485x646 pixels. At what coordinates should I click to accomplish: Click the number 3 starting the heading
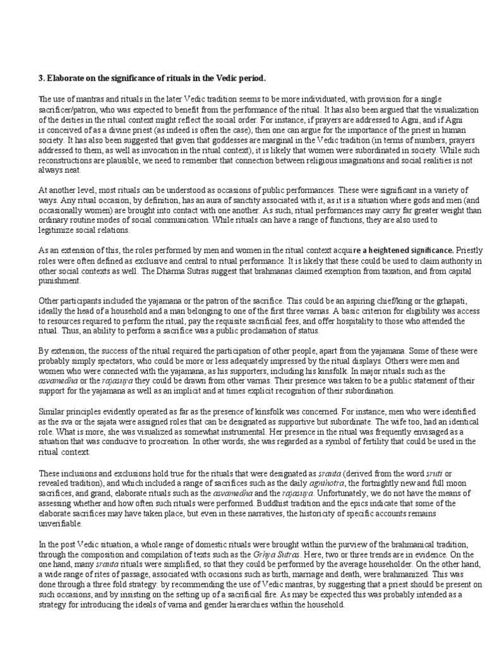(x=41, y=78)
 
